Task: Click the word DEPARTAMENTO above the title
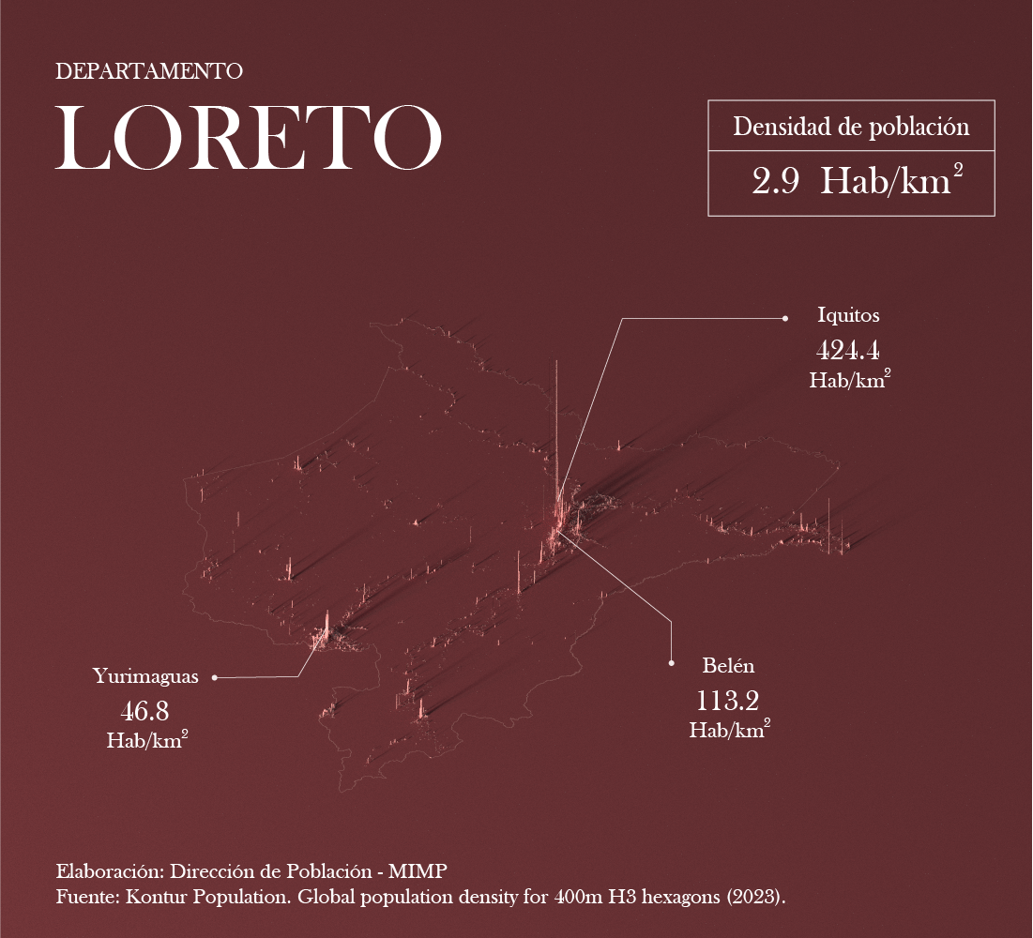click(x=149, y=71)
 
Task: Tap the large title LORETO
click(x=249, y=138)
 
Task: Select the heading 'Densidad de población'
click(x=850, y=127)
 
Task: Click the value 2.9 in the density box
click(x=775, y=181)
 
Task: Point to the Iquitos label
click(x=848, y=315)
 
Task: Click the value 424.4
click(x=848, y=351)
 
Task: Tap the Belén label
click(x=728, y=666)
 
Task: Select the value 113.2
click(x=727, y=701)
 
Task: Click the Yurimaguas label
click(x=145, y=676)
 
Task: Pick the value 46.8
click(x=144, y=710)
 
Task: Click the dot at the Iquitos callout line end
click(x=784, y=319)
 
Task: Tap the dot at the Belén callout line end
click(x=672, y=663)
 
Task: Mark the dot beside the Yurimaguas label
click(x=215, y=676)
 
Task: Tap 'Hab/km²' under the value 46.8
click(x=147, y=739)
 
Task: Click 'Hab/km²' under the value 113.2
click(x=729, y=730)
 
